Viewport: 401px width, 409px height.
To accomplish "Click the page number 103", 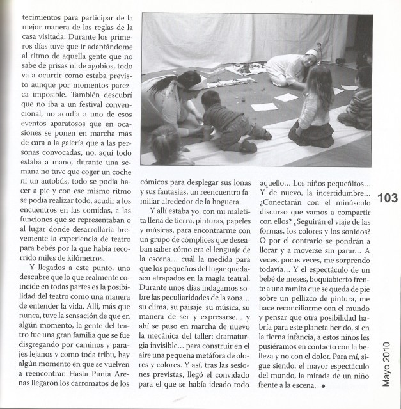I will coord(387,198).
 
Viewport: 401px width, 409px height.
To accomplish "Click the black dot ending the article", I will coord(324,387).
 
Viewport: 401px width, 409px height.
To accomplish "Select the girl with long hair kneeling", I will coord(315,106).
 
